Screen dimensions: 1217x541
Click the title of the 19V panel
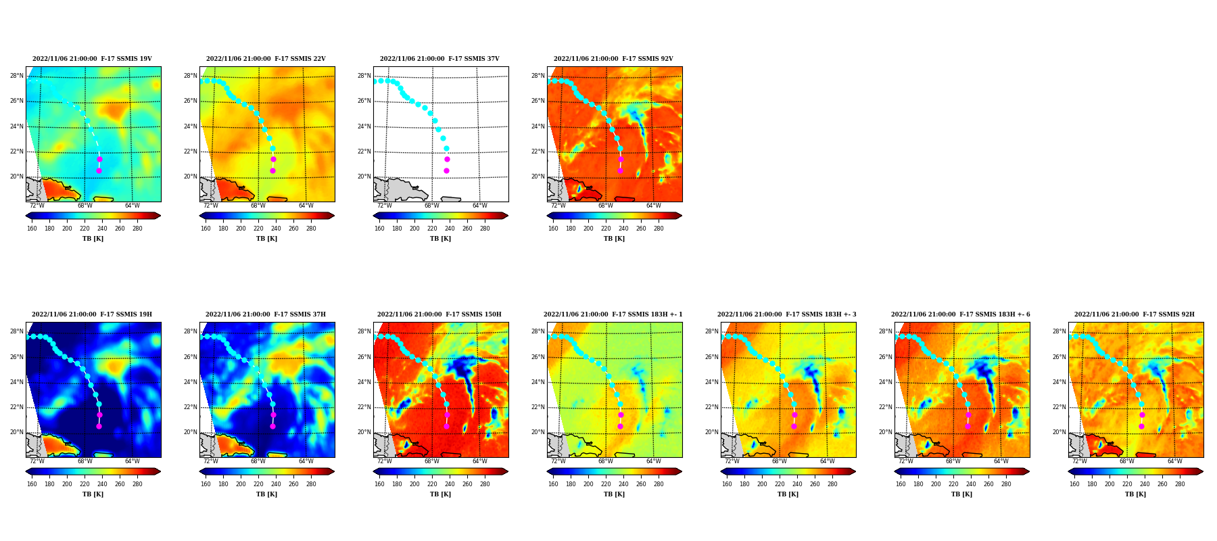click(x=92, y=59)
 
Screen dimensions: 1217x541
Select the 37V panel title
click(x=439, y=59)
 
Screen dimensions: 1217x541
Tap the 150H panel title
click(x=439, y=314)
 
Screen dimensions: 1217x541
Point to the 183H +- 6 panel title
click(x=961, y=314)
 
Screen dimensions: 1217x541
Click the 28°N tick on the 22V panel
click(x=191, y=76)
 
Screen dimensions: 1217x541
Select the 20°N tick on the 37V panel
click(x=364, y=177)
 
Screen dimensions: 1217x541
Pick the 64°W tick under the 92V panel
click(x=653, y=206)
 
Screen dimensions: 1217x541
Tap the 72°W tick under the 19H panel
click(x=37, y=461)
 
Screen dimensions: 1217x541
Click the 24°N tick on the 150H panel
click(x=364, y=382)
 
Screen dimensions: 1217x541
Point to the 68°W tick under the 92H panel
click(x=1127, y=461)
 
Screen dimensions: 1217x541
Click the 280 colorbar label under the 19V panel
click(x=137, y=229)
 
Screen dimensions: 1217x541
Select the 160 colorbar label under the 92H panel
click(x=1074, y=484)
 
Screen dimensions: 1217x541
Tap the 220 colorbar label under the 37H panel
click(x=258, y=484)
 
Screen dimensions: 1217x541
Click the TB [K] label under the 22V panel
click(x=266, y=239)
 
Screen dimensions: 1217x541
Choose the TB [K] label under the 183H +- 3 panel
click(x=788, y=494)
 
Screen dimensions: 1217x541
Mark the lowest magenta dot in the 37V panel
click(x=446, y=170)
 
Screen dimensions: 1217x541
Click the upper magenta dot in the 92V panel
click(x=621, y=160)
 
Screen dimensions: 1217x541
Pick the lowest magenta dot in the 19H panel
click(x=99, y=426)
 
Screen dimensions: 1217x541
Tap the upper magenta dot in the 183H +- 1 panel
click(x=621, y=415)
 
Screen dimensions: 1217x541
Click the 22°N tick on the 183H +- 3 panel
click(x=712, y=407)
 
